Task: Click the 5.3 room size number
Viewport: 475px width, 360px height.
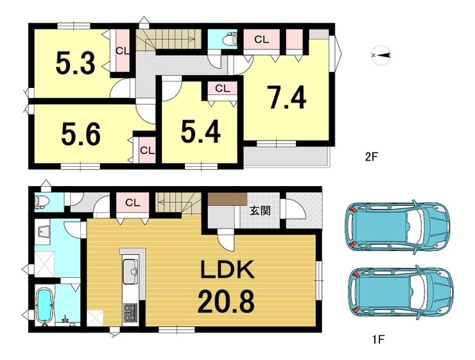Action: (76, 64)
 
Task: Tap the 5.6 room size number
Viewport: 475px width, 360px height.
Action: (81, 135)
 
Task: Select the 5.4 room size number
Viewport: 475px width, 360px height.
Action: (200, 132)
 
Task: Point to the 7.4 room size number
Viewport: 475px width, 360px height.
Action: (286, 97)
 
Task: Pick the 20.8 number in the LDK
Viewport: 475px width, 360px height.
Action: (226, 301)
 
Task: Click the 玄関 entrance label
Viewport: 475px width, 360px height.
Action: (260, 210)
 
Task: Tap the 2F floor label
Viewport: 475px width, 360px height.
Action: (372, 157)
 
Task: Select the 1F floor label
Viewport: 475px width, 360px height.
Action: (378, 339)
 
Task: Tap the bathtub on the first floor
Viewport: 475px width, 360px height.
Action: (45, 305)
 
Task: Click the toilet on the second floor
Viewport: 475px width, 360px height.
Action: (229, 39)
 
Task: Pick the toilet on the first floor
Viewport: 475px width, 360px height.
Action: (42, 202)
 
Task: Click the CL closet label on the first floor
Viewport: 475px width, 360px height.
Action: (132, 203)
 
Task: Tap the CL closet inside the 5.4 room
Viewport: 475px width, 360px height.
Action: (222, 89)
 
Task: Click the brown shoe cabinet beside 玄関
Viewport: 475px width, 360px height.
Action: (227, 199)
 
